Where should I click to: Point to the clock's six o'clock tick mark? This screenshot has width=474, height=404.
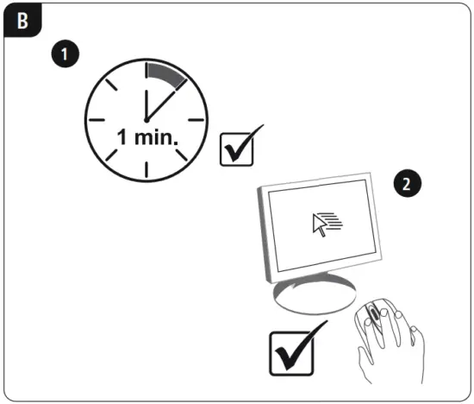tap(145, 168)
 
